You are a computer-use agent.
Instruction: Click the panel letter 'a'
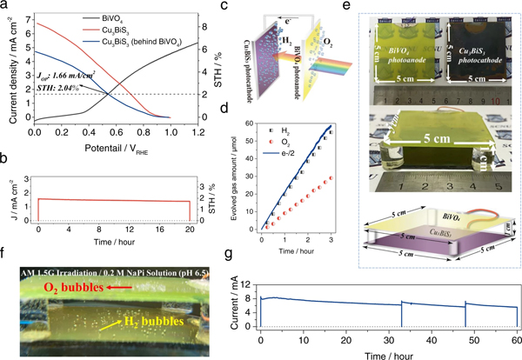6,7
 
